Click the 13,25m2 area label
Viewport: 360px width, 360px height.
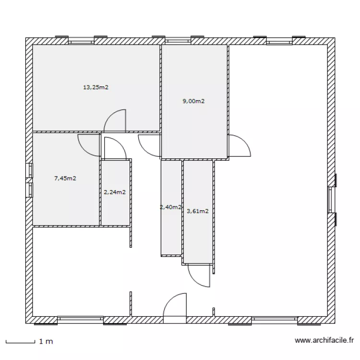96,87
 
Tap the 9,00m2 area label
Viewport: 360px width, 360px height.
193,101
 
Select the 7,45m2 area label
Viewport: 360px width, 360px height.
65,179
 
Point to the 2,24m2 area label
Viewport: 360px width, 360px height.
115,192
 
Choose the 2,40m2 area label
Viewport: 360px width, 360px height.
170,207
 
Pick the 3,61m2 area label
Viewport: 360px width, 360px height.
198,211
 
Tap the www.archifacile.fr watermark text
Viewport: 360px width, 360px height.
324,340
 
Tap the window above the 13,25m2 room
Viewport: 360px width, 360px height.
81,41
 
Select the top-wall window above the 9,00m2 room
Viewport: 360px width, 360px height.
178,41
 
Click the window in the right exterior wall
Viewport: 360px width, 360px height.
332,200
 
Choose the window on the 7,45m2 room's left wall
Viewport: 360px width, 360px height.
29,180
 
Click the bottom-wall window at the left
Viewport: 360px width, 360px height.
80,320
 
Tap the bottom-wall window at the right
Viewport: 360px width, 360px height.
275,320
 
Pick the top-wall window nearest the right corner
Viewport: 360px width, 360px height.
279,41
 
